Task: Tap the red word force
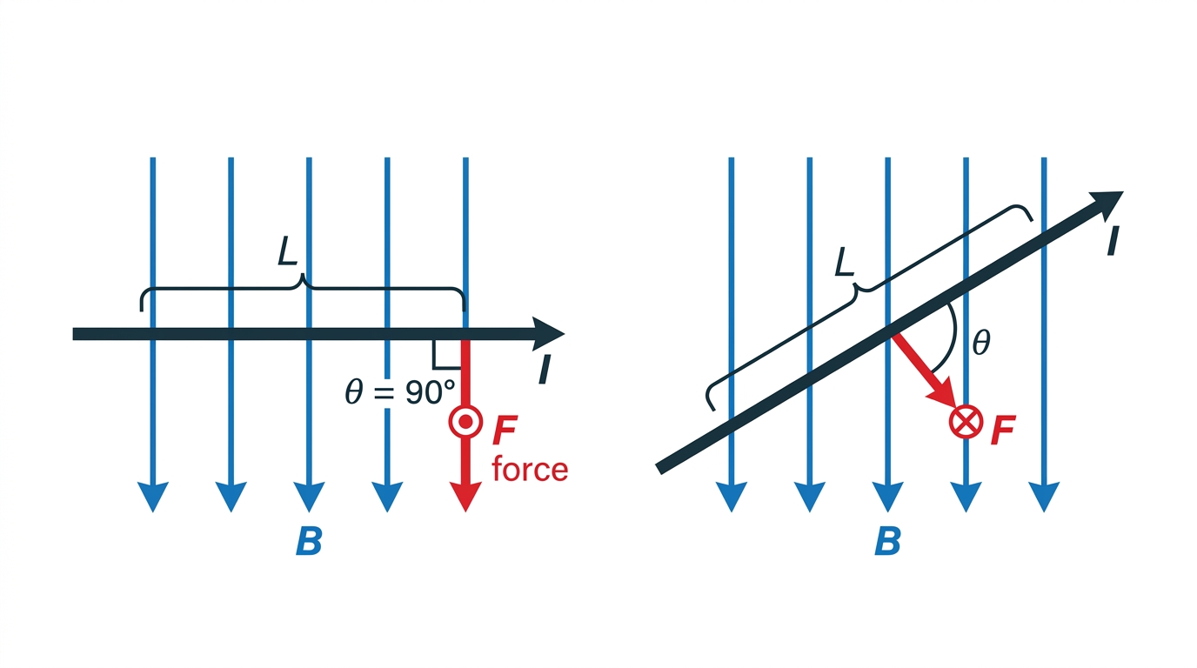[530, 469]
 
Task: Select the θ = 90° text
[400, 391]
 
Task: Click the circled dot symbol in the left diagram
[465, 422]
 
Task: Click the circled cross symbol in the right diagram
[966, 422]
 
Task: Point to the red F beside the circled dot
[504, 430]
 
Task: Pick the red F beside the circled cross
[1002, 430]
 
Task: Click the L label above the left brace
[287, 251]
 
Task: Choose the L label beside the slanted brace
[845, 262]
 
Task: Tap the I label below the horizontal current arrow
[545, 370]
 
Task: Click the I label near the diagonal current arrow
[1113, 241]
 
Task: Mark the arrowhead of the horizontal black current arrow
[548, 335]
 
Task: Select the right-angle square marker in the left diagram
[447, 354]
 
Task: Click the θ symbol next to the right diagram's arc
[981, 343]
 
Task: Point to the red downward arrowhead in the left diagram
[465, 497]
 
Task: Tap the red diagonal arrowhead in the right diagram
[942, 392]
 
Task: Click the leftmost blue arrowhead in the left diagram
[153, 497]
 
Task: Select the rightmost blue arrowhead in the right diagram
[1044, 497]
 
